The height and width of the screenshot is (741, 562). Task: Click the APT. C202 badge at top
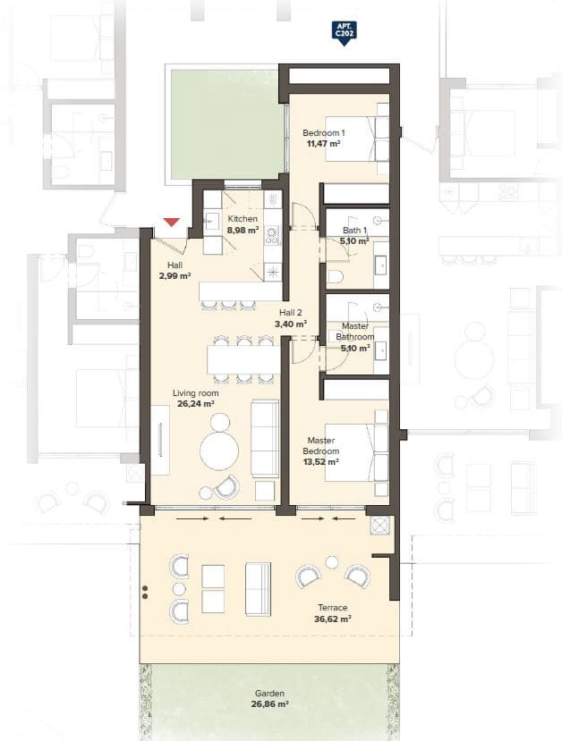point(340,33)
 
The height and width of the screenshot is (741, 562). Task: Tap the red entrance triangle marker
point(172,222)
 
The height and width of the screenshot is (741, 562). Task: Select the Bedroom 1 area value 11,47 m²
point(323,143)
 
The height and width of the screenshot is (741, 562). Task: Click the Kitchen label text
point(243,219)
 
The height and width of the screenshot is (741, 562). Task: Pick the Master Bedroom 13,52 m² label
point(321,451)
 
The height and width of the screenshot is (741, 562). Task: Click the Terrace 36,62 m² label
point(331,612)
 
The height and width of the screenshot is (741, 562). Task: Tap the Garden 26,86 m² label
point(269,698)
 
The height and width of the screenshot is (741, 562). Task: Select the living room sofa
point(264,438)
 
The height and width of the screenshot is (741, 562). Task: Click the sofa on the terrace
point(259,588)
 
